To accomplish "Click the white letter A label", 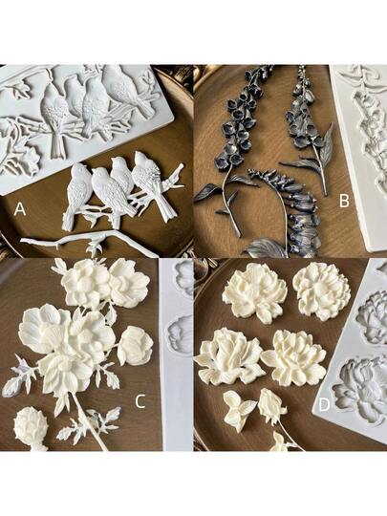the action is click(20, 209).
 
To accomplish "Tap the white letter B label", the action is click(344, 201).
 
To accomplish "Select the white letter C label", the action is click(140, 401).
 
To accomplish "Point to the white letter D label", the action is click(324, 405).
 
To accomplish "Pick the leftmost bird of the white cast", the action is click(77, 194).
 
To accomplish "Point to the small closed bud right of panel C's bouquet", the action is click(136, 346).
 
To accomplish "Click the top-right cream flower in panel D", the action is click(321, 291).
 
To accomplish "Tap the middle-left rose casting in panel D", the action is click(228, 357).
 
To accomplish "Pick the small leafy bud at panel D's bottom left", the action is click(239, 409).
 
